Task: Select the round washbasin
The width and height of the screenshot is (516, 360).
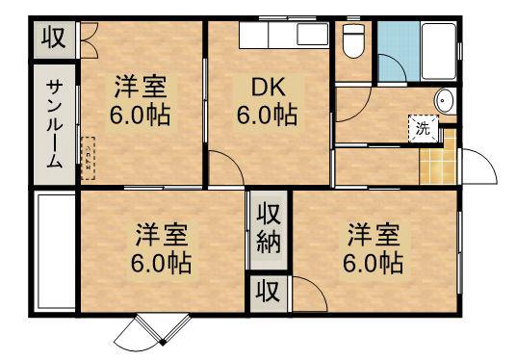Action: (443, 101)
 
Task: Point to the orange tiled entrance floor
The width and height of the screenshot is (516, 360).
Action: (437, 158)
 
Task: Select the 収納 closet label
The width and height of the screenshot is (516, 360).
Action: (268, 229)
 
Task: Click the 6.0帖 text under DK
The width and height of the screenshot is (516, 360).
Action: (266, 115)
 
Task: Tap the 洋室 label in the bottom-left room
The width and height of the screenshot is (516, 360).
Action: (161, 234)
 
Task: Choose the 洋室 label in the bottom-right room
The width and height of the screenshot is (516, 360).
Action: (374, 234)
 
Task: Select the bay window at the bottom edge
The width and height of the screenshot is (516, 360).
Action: (147, 332)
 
